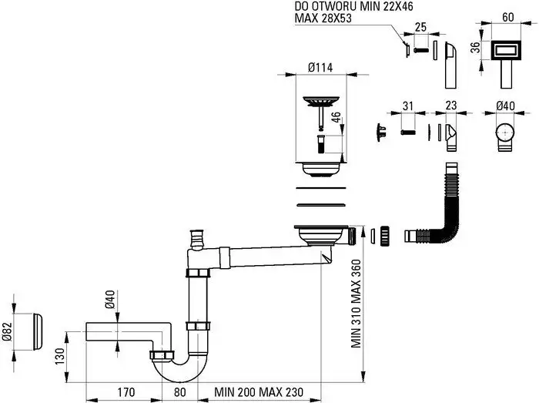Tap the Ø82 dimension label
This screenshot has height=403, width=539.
click(x=7, y=331)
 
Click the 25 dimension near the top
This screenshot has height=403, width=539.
click(x=421, y=28)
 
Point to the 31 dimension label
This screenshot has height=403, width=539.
click(x=408, y=107)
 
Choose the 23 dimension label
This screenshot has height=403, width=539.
click(x=450, y=107)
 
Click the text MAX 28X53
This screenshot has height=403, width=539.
click(x=323, y=18)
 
